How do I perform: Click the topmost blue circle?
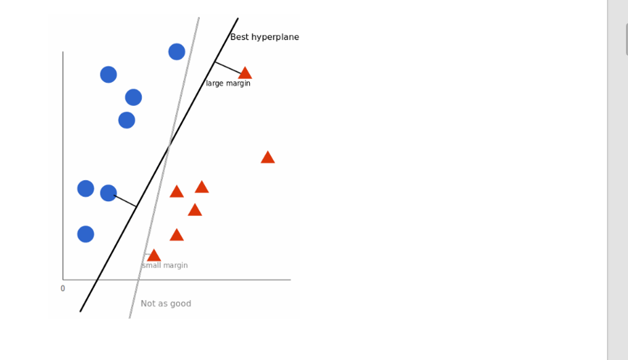coord(177,52)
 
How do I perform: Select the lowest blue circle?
coord(86,234)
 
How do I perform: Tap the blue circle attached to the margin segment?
coord(109,193)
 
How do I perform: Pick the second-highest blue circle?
coord(109,75)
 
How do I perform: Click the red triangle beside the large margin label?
coord(245,73)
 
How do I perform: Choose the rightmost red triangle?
coord(267,158)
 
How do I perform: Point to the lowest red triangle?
coord(154,255)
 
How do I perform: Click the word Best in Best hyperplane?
coord(240,37)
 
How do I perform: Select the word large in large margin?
coord(215,84)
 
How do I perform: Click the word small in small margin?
coord(151,266)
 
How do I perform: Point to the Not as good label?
coord(166,304)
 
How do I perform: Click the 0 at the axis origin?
coord(62,289)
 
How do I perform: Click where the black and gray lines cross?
coord(168,145)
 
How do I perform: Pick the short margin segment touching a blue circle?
coord(126,201)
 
